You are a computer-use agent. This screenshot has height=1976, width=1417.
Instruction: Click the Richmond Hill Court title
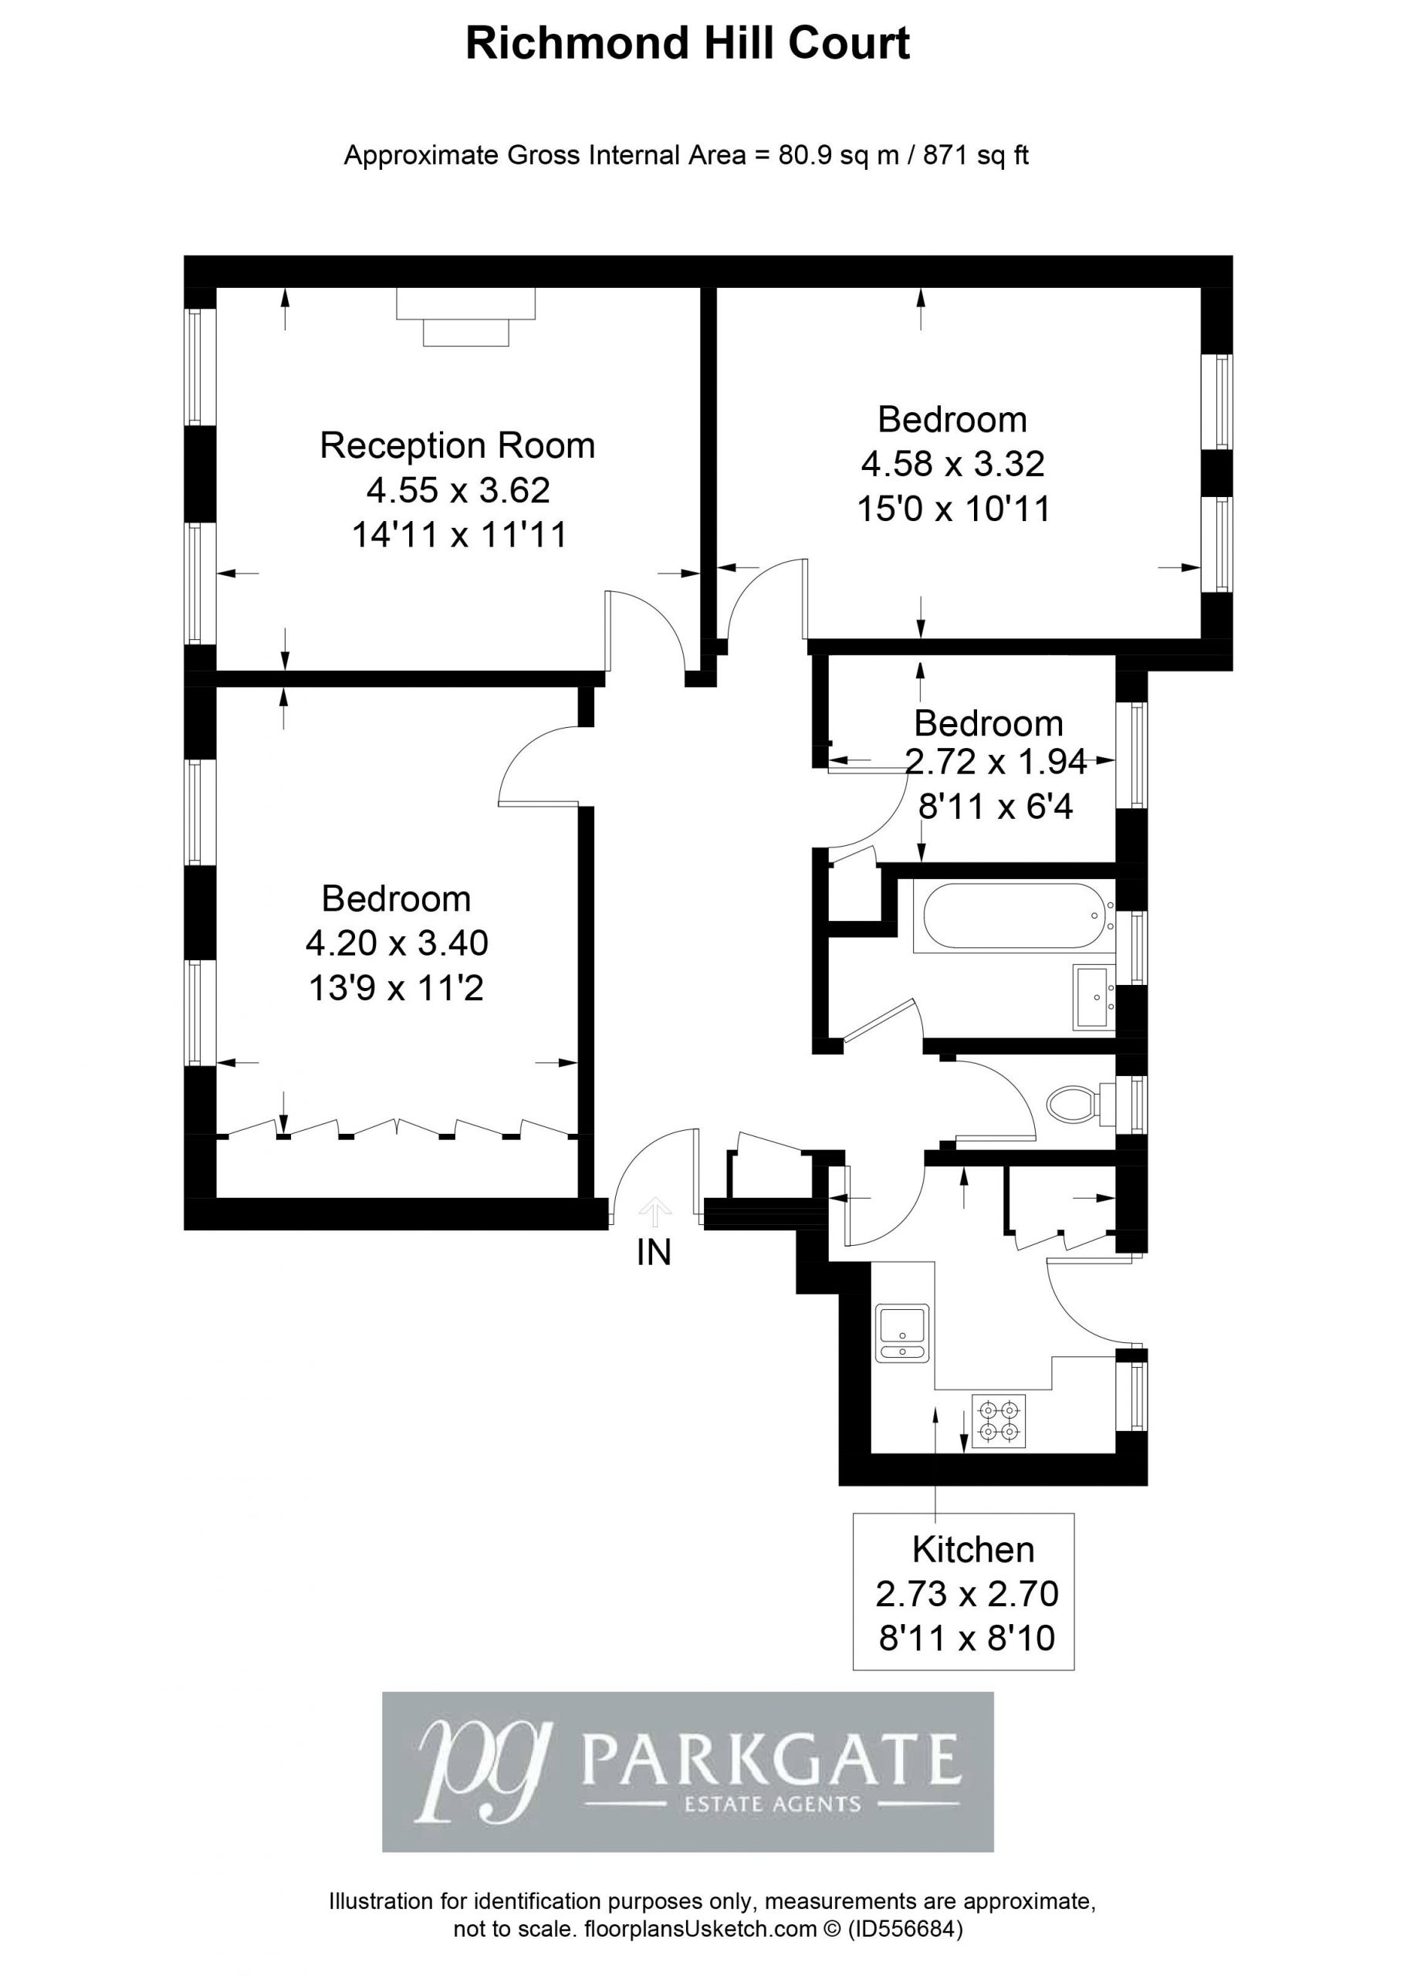(x=687, y=43)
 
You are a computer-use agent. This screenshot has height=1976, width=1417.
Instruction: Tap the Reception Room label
(x=457, y=445)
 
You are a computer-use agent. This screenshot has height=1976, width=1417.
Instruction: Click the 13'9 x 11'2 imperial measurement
(x=395, y=988)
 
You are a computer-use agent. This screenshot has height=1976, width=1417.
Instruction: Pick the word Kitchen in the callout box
(x=972, y=1549)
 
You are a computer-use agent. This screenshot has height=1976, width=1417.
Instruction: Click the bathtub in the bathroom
(x=1013, y=916)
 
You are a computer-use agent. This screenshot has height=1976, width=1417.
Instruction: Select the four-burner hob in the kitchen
(x=999, y=1421)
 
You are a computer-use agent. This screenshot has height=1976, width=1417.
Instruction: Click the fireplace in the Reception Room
(x=465, y=317)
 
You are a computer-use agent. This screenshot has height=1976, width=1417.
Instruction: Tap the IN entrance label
(x=654, y=1253)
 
